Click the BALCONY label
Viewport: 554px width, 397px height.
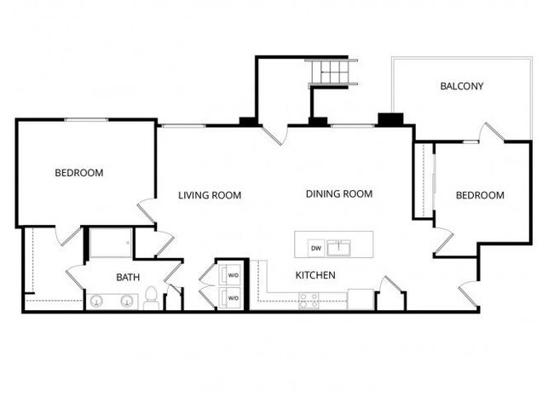461,86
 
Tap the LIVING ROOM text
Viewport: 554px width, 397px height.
210,195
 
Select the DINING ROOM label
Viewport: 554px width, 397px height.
339,194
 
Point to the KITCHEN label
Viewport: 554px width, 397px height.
315,275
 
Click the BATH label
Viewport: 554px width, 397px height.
128,277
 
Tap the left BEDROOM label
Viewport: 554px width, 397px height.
78,173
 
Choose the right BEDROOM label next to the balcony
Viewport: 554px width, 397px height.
480,195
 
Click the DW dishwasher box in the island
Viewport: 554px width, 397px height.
315,248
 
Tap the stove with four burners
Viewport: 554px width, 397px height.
309,300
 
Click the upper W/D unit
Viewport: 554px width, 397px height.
233,276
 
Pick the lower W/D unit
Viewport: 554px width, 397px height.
233,297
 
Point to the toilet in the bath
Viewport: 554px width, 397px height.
151,297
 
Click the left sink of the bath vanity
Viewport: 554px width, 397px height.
97,300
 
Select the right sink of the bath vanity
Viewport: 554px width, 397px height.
126,300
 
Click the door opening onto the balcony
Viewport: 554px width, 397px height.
493,133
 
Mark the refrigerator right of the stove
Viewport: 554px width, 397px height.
361,299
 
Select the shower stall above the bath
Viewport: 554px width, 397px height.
111,243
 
